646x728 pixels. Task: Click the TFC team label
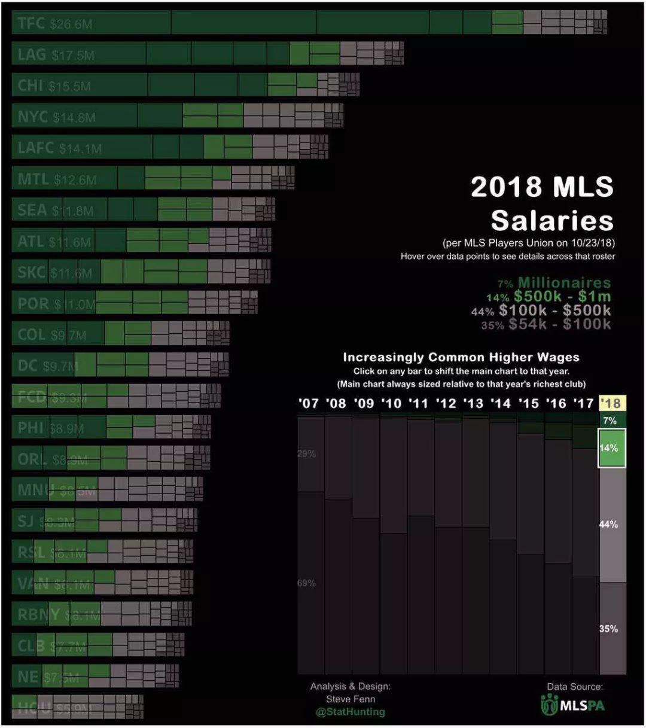coord(31,23)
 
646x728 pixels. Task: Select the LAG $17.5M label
coord(56,54)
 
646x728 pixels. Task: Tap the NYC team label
coord(32,117)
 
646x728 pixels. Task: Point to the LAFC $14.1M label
coord(60,148)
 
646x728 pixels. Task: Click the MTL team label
coord(33,179)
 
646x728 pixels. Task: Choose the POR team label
coord(33,304)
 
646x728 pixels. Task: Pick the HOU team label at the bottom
coord(34,708)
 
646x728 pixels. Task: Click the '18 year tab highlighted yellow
coord(612,403)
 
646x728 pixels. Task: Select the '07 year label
coord(309,403)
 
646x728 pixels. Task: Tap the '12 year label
coord(446,403)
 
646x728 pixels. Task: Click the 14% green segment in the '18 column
coord(612,448)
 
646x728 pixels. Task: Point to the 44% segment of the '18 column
coord(612,525)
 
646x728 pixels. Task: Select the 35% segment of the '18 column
coord(612,629)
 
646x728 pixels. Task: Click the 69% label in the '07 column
coord(306,583)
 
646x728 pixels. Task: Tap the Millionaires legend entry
coord(563,283)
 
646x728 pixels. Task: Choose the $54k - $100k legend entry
coord(559,324)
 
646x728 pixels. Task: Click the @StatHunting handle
coord(350,712)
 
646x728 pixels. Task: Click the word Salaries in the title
coord(551,221)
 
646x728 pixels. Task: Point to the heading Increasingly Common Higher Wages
coord(461,357)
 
